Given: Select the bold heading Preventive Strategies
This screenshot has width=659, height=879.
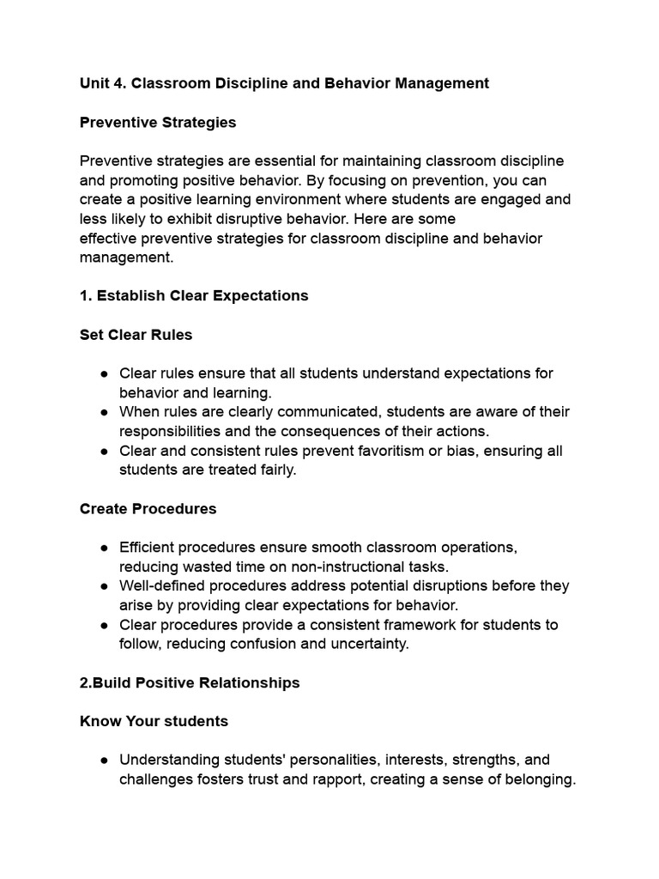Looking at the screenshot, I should point(158,122).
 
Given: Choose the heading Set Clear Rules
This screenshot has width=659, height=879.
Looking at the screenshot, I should point(136,335).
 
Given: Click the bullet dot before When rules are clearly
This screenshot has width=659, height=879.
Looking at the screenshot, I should point(104,412).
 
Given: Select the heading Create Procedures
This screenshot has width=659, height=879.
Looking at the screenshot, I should point(148,508).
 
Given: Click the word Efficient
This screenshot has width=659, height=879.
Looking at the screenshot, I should point(150,547).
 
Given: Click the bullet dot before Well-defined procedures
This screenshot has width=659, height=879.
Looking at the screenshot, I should point(104,586).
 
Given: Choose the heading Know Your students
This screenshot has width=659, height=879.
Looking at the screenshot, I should point(154,721).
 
